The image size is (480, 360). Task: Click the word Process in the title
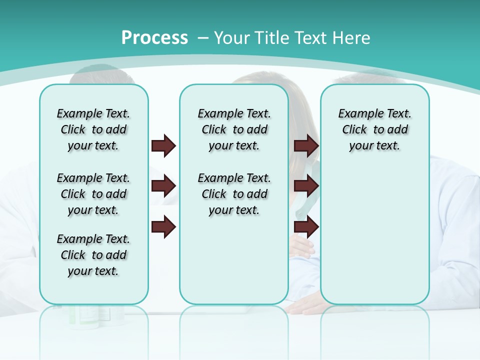[x=154, y=38]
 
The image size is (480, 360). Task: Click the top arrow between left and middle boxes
[x=163, y=145]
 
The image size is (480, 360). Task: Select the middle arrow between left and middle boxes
[x=163, y=186]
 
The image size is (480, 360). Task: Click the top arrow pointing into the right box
[x=306, y=145]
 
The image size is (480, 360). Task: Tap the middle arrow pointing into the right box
[x=306, y=186]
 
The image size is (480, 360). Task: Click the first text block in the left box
[x=93, y=129]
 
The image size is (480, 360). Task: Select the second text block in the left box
[x=93, y=194]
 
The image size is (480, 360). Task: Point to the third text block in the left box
[x=93, y=255]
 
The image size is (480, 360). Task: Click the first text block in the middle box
[x=234, y=129]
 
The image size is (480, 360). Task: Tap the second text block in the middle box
[x=234, y=194]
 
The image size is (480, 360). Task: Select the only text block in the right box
[x=374, y=129]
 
